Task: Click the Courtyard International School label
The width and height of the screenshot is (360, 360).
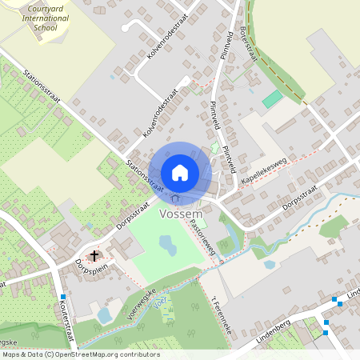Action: [x=40, y=17]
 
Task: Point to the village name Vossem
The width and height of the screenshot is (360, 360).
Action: [x=180, y=214]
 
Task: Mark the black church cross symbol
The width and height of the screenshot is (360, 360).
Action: [x=95, y=256]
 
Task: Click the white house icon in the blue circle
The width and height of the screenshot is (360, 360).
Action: [x=180, y=172]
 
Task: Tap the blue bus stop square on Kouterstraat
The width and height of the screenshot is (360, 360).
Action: [x=62, y=297]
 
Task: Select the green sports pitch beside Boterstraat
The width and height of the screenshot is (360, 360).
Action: [x=273, y=100]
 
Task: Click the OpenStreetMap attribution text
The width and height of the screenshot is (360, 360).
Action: [x=80, y=354]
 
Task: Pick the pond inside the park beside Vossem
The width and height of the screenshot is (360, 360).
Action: [x=168, y=244]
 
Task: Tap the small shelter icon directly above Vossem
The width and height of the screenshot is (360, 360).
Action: [x=175, y=198]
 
